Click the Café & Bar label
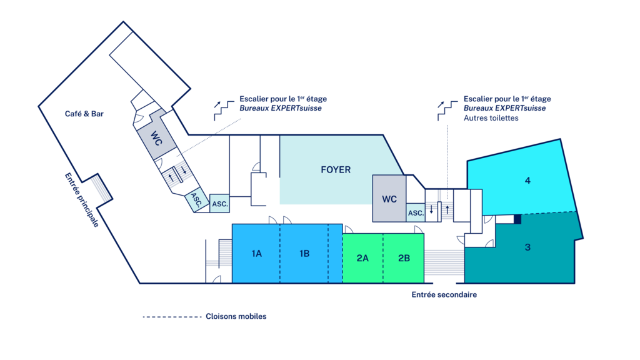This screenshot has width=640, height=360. pos(84,114)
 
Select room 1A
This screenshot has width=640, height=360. pos(256,254)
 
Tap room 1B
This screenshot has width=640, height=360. pos(304,254)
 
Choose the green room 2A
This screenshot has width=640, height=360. pos(362,257)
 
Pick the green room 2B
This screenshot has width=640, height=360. pos(404,257)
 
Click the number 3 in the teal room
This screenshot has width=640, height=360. pos(527,247)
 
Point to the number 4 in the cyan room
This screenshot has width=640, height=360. pos(527,181)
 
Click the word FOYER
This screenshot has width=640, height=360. pos(336,169)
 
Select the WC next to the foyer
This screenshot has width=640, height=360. pos(389,199)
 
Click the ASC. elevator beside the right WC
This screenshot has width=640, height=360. pos(416,213)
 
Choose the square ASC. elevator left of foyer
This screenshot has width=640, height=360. pos(219,204)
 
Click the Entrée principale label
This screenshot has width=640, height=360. pos(82,200)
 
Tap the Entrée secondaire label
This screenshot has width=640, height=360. pos(444,294)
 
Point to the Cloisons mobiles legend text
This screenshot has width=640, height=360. pos(236,316)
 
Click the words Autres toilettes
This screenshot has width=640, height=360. pos(491,118)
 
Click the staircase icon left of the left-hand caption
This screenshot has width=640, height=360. pos(222,110)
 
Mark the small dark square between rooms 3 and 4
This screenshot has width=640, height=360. pos(517,219)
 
